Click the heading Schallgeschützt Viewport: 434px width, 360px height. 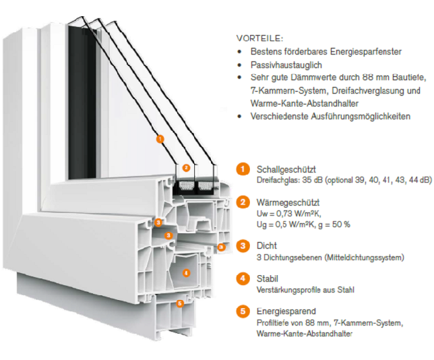pyautogui.click(x=286, y=169)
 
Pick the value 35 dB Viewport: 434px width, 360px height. pyautogui.click(x=309, y=181)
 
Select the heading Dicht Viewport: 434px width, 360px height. pyautogui.click(x=267, y=246)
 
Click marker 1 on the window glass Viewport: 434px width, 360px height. pyautogui.click(x=160, y=140)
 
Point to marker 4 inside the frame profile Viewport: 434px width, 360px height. pyautogui.click(x=187, y=272)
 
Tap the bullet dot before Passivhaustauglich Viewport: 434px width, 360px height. pyautogui.click(x=241, y=65)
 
